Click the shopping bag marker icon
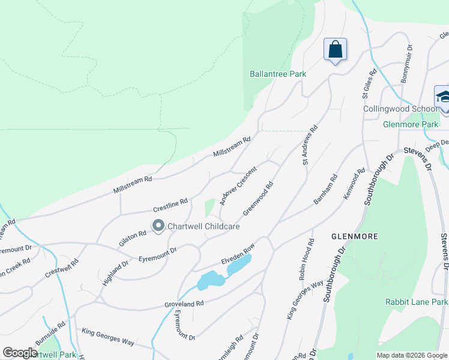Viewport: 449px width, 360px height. pyautogui.click(x=335, y=50)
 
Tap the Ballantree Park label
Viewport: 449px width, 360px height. pyautogui.click(x=278, y=74)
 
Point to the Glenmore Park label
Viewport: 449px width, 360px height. pyautogui.click(x=411, y=124)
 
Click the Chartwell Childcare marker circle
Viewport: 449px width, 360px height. pyautogui.click(x=158, y=226)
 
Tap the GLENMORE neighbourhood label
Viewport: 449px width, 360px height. pyautogui.click(x=355, y=236)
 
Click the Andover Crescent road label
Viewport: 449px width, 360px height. pyautogui.click(x=238, y=186)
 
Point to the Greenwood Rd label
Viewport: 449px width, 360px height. pyautogui.click(x=258, y=199)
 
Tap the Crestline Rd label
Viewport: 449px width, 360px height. pyautogui.click(x=170, y=205)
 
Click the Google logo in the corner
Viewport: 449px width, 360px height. pyautogui.click(x=20, y=353)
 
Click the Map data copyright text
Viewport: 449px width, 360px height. pyautogui.click(x=412, y=355)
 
